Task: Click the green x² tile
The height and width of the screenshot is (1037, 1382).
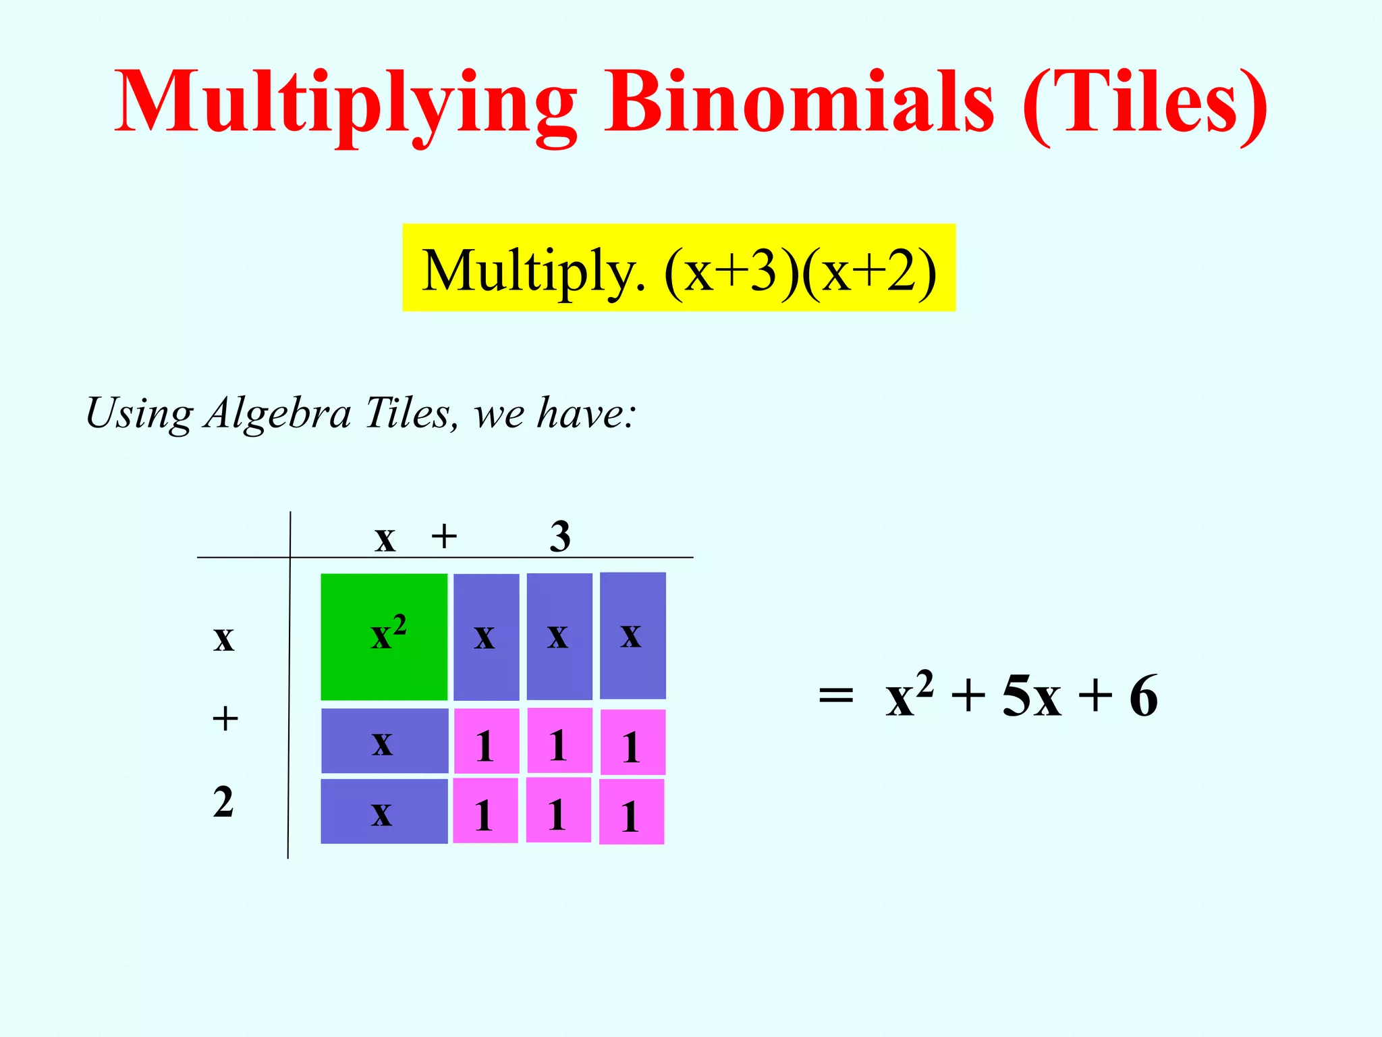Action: point(383,637)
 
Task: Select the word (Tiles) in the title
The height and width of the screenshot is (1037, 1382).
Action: point(1144,103)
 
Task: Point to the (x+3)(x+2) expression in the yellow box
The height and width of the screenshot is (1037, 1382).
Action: point(800,270)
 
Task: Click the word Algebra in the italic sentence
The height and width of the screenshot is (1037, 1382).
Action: point(278,413)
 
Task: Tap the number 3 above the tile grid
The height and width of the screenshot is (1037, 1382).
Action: point(559,537)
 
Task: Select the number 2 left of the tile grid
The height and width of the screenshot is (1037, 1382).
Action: point(223,802)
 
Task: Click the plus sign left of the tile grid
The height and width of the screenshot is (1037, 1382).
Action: point(225,718)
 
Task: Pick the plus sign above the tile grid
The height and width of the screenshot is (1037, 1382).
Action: point(444,537)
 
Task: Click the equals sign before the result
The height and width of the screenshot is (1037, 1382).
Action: point(835,695)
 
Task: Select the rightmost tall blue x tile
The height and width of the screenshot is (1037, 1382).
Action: point(632,635)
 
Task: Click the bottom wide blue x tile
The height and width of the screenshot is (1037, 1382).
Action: point(384,812)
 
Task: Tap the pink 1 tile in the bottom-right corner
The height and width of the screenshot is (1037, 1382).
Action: point(632,812)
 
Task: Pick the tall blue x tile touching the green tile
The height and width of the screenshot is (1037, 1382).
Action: point(486,637)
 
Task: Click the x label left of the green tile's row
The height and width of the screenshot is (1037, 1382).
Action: point(223,638)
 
